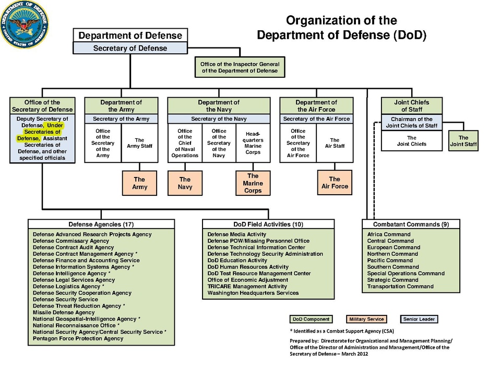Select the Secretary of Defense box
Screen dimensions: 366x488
130,48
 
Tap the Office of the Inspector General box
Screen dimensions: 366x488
240,67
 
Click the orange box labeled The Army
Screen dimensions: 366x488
139,183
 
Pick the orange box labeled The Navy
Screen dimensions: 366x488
185,183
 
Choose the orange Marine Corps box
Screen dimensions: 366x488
253,183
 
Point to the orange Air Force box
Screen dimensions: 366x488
335,183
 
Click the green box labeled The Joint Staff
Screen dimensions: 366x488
463,141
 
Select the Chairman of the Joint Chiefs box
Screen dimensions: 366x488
411,122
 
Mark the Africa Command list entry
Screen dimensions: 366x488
389,235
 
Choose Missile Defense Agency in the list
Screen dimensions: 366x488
64,313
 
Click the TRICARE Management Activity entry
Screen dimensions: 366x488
247,287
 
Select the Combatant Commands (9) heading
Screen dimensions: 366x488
412,225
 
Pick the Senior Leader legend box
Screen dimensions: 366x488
419,319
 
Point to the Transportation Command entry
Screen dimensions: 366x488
400,287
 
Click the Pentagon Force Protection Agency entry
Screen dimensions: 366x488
78,338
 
